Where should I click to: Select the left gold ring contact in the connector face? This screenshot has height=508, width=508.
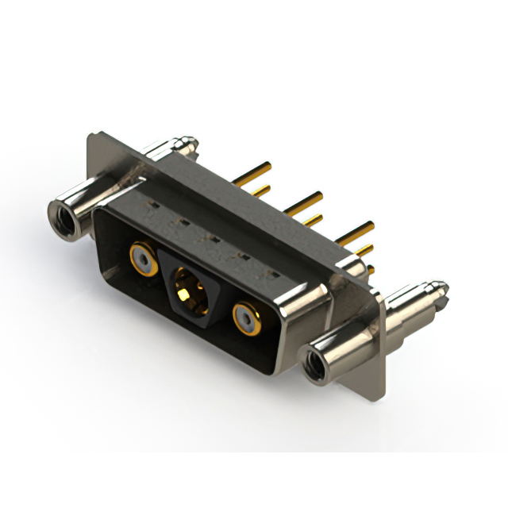point(143,258)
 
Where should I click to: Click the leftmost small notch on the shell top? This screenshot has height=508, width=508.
point(149,211)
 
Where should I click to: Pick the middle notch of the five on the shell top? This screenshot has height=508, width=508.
point(211,239)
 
